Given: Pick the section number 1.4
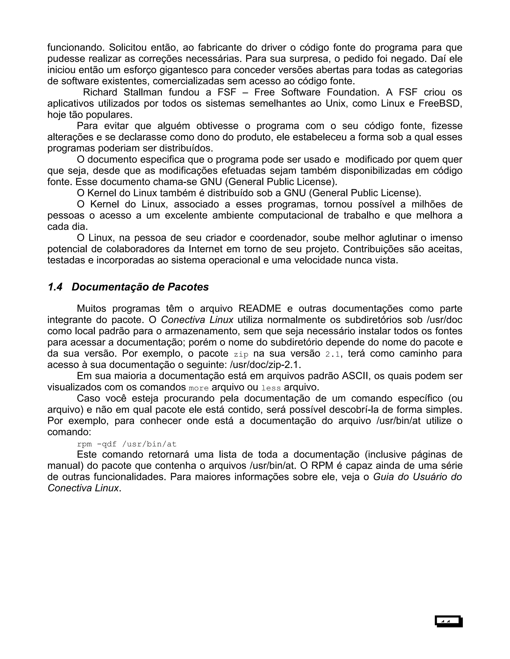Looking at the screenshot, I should (x=55, y=287).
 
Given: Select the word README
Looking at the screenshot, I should (x=260, y=309).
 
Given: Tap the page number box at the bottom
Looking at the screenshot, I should (x=449, y=621).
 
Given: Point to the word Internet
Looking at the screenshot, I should (x=206, y=249).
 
